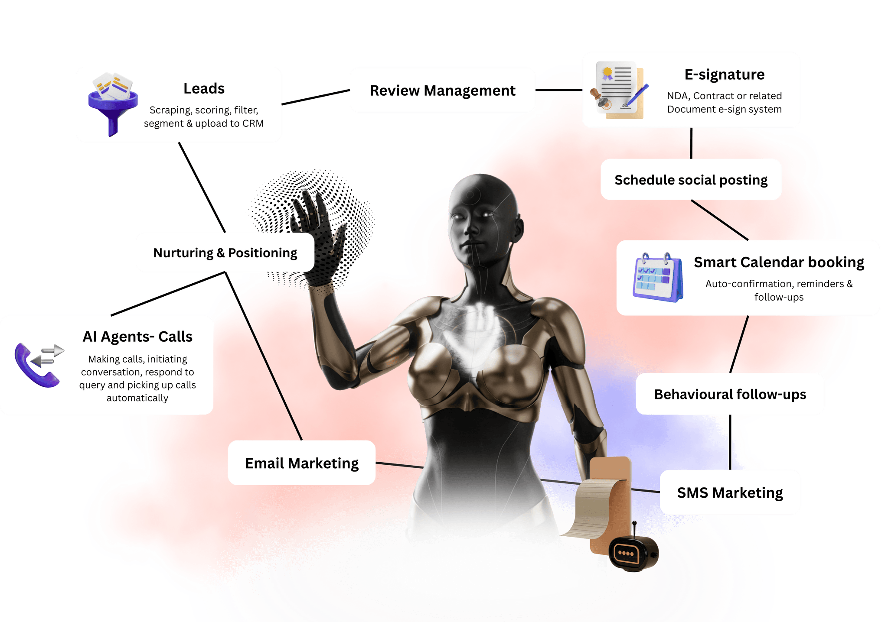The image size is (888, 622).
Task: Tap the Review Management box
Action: pos(443,91)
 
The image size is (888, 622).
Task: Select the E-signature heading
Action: pos(724,75)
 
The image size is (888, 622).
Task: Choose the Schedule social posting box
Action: pos(691,180)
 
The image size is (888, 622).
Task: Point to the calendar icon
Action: pos(658,278)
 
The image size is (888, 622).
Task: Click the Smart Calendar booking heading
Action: pos(779,262)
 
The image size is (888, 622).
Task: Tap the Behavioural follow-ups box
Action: pos(730,394)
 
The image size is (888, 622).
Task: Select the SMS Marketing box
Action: pos(730,492)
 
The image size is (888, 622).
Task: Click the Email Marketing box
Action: pos(302,463)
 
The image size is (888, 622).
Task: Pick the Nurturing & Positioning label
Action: pos(225,253)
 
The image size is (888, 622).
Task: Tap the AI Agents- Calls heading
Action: pos(137,337)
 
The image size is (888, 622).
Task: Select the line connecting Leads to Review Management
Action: pos(316,97)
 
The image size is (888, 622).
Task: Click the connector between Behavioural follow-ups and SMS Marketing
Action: pos(730,442)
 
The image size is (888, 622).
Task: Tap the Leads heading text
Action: pos(204,88)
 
